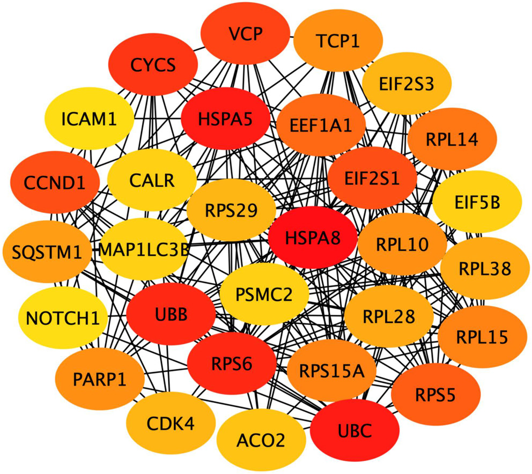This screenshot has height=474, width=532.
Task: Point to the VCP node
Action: [x=245, y=35]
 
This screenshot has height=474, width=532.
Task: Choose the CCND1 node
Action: [x=55, y=183]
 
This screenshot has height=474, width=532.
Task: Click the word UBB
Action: [x=172, y=315]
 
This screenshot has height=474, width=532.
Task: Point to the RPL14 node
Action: [x=451, y=139]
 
